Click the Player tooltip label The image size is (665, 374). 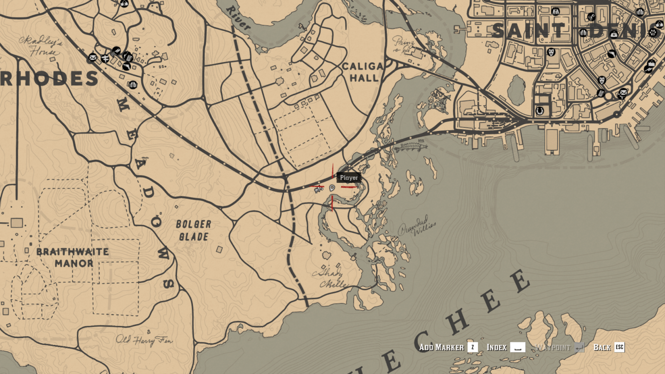[x=349, y=177]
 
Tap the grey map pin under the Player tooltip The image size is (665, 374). [x=332, y=188]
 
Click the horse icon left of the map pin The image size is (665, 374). [x=318, y=189]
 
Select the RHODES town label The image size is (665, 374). [x=49, y=79]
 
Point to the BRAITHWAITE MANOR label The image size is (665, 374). [x=73, y=257]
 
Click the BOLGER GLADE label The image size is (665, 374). [x=194, y=231]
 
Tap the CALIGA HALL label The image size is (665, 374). [x=363, y=72]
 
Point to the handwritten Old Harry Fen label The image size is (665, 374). [x=144, y=340]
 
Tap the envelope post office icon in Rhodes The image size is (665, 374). [x=93, y=57]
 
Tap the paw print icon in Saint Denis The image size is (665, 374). [x=653, y=32]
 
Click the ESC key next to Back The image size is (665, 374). [x=619, y=347]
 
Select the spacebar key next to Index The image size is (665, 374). [x=517, y=347]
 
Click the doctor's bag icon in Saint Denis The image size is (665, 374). [x=614, y=34]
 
